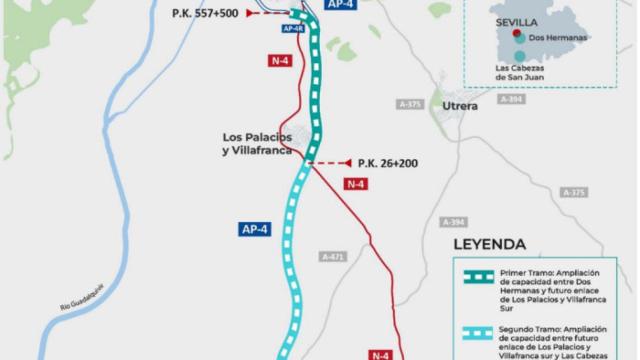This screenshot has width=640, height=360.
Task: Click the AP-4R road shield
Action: pyautogui.click(x=291, y=28)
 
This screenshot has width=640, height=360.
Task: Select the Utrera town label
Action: pyautogui.click(x=462, y=105)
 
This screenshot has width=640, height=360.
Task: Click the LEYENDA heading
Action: pyautogui.click(x=489, y=243)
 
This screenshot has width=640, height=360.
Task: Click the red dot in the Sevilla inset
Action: pyautogui.click(x=514, y=31)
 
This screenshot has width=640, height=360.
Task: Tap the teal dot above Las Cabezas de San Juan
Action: pyautogui.click(x=518, y=55)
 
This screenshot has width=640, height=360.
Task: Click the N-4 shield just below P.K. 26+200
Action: pyautogui.click(x=355, y=183)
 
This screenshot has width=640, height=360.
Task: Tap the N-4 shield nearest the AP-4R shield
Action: pyautogui.click(x=282, y=60)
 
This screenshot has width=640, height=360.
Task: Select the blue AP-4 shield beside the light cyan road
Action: pyautogui.click(x=255, y=229)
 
